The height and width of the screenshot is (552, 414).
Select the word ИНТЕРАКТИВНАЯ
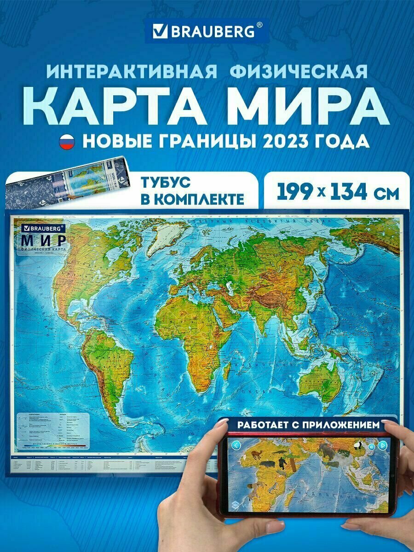(132, 72)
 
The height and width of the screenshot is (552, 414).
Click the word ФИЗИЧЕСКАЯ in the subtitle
(299, 72)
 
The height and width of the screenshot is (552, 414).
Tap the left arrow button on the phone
(236, 445)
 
